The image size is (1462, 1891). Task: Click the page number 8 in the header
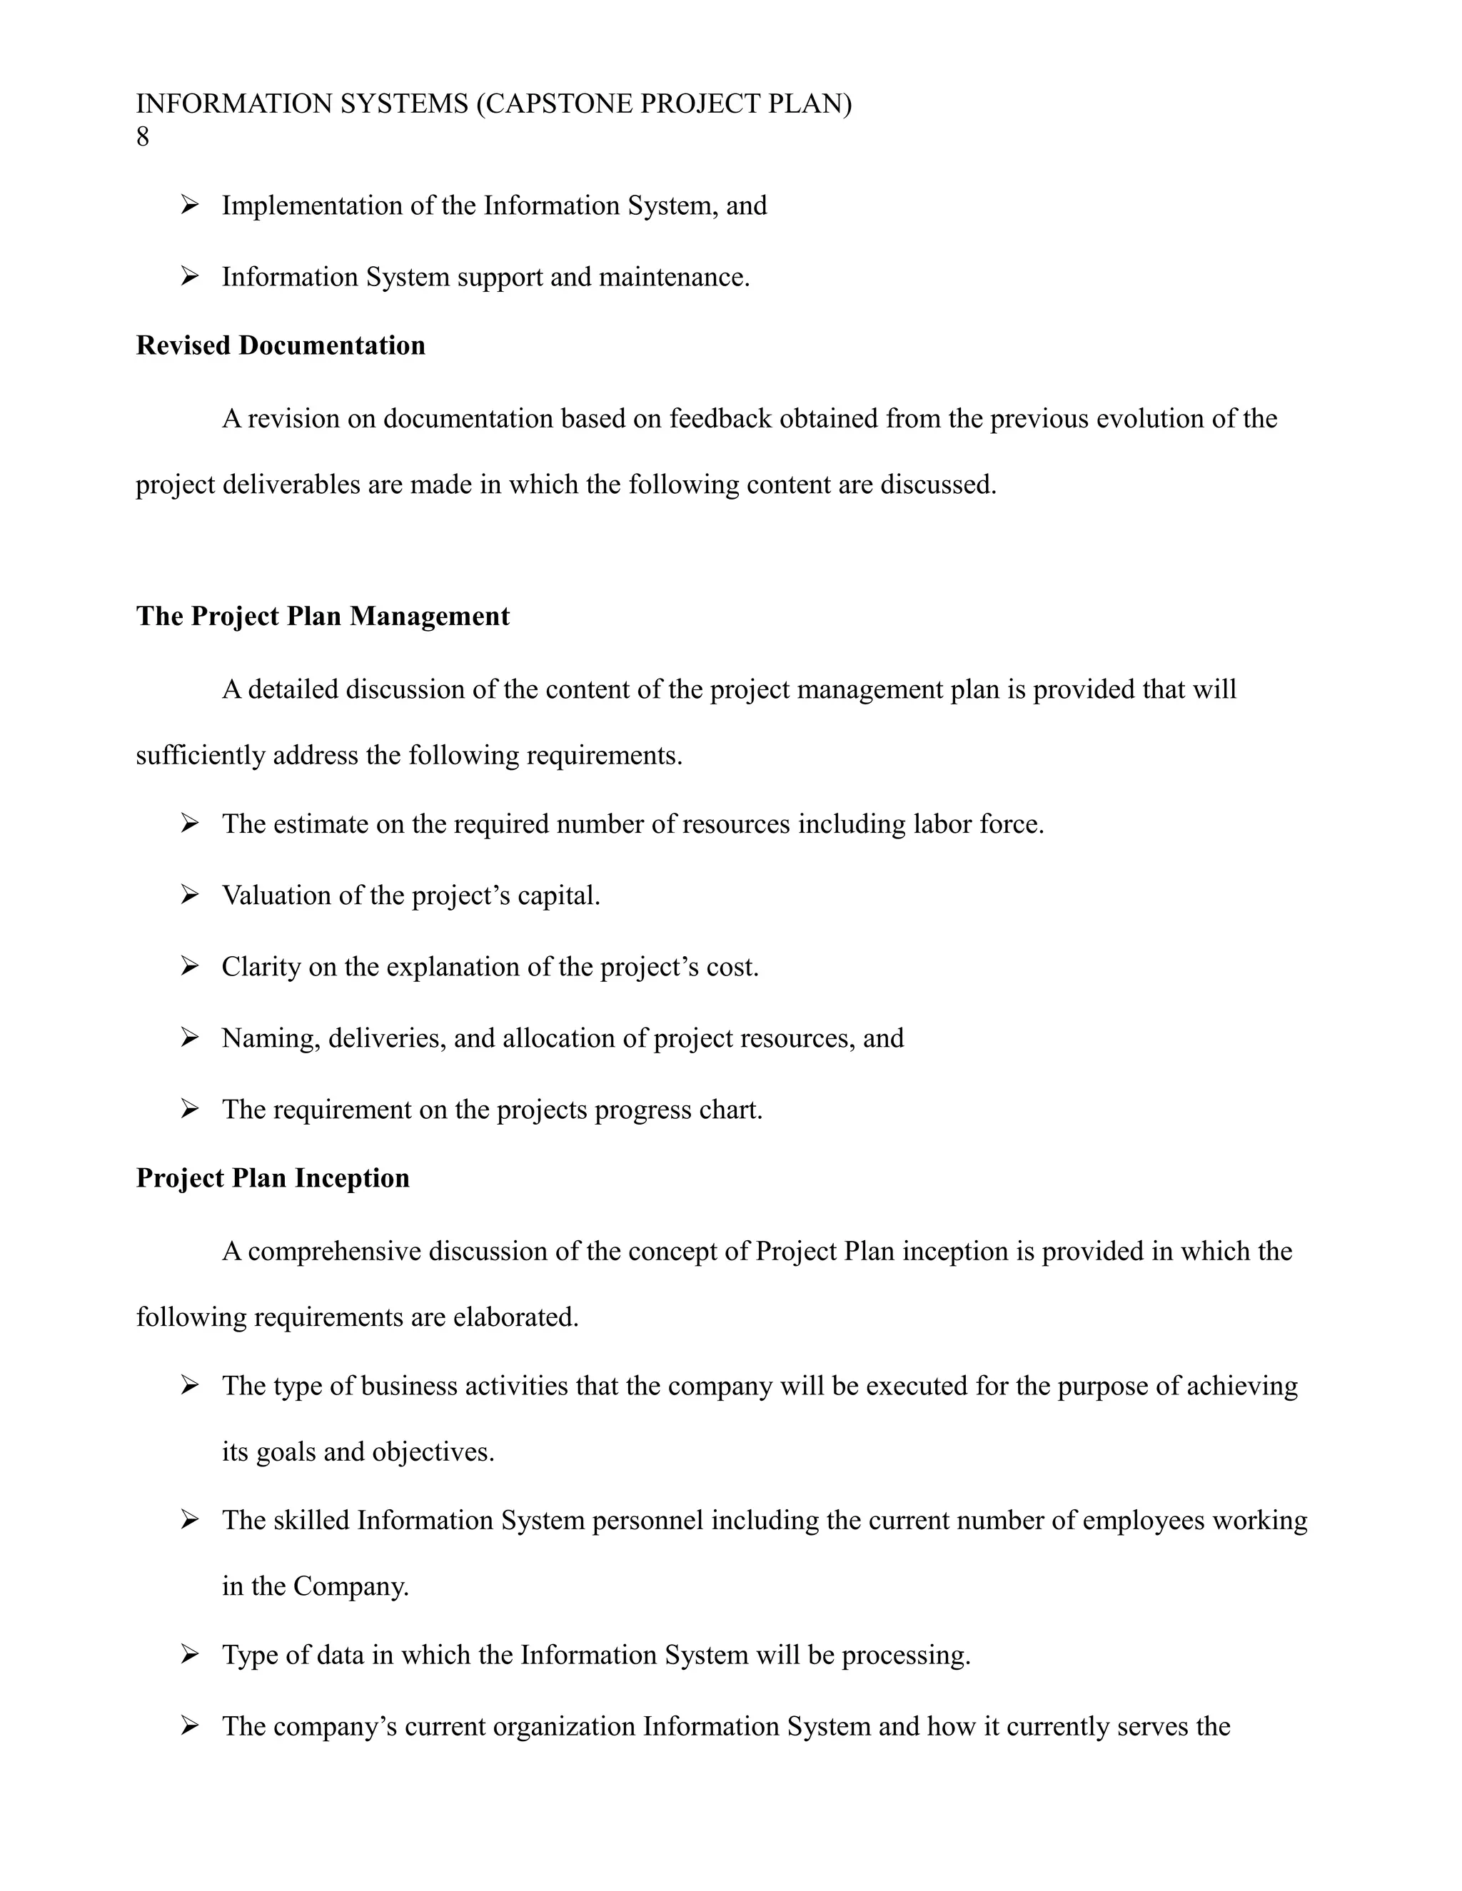tap(143, 137)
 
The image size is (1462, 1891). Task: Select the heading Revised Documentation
tap(281, 345)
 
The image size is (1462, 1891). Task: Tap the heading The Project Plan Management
tap(322, 616)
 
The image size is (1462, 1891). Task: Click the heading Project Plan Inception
tap(272, 1177)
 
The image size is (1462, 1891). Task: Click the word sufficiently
tap(201, 755)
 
